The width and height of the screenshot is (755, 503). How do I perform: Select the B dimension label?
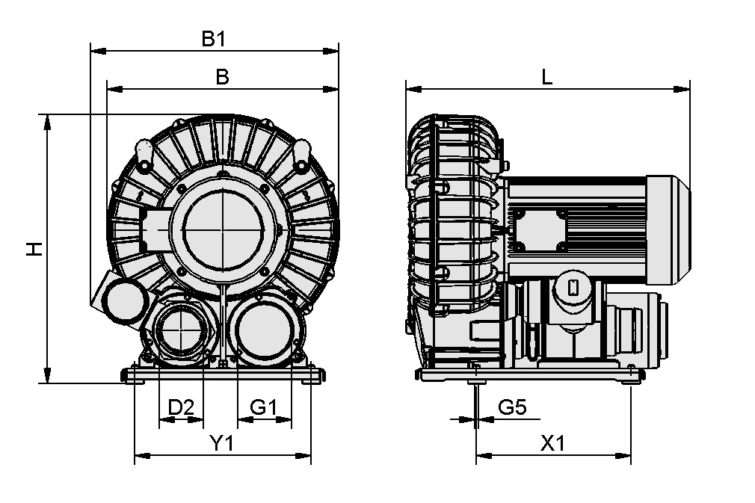[x=221, y=77]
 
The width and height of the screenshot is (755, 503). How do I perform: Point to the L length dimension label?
[x=547, y=77]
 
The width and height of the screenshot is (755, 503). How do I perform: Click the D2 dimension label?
[x=181, y=407]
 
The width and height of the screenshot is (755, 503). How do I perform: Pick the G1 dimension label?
[x=264, y=407]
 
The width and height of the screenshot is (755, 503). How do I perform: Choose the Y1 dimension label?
[x=222, y=443]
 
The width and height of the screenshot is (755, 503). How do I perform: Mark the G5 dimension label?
[x=513, y=407]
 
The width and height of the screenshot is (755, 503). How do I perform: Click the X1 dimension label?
[x=553, y=443]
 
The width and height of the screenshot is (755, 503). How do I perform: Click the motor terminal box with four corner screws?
[x=537, y=229]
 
